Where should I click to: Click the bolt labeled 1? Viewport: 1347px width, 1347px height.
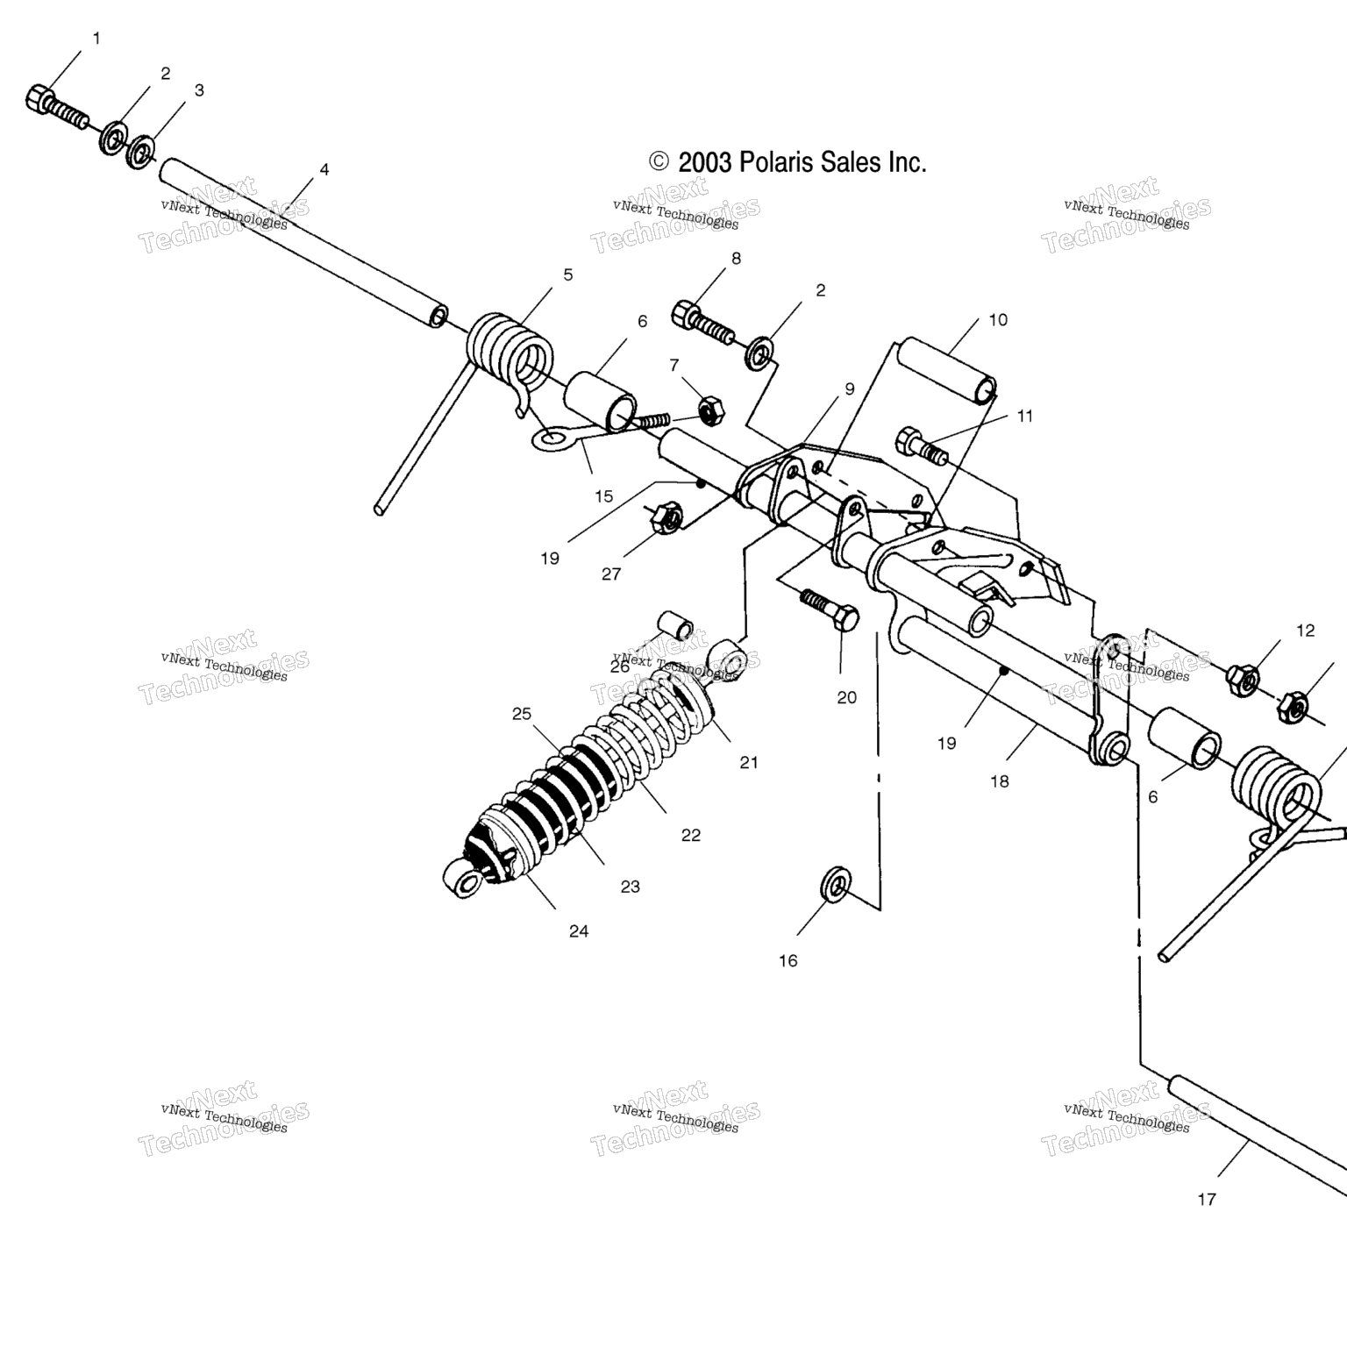(57, 107)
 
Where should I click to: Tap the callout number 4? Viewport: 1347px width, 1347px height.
(324, 169)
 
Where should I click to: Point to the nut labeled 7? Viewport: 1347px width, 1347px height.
(710, 409)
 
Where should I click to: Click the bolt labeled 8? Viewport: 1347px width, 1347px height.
(704, 324)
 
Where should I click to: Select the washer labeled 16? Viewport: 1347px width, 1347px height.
(837, 884)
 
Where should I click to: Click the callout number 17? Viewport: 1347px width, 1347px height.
(1207, 1199)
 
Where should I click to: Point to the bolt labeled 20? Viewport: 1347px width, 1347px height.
(830, 609)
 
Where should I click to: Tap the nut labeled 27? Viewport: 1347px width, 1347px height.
(664, 517)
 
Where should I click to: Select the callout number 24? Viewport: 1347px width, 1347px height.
(579, 931)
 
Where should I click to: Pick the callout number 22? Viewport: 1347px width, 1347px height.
(691, 835)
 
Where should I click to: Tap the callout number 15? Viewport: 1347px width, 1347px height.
(603, 496)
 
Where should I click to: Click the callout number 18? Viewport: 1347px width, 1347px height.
(1000, 781)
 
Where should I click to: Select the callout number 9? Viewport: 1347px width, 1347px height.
(850, 388)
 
